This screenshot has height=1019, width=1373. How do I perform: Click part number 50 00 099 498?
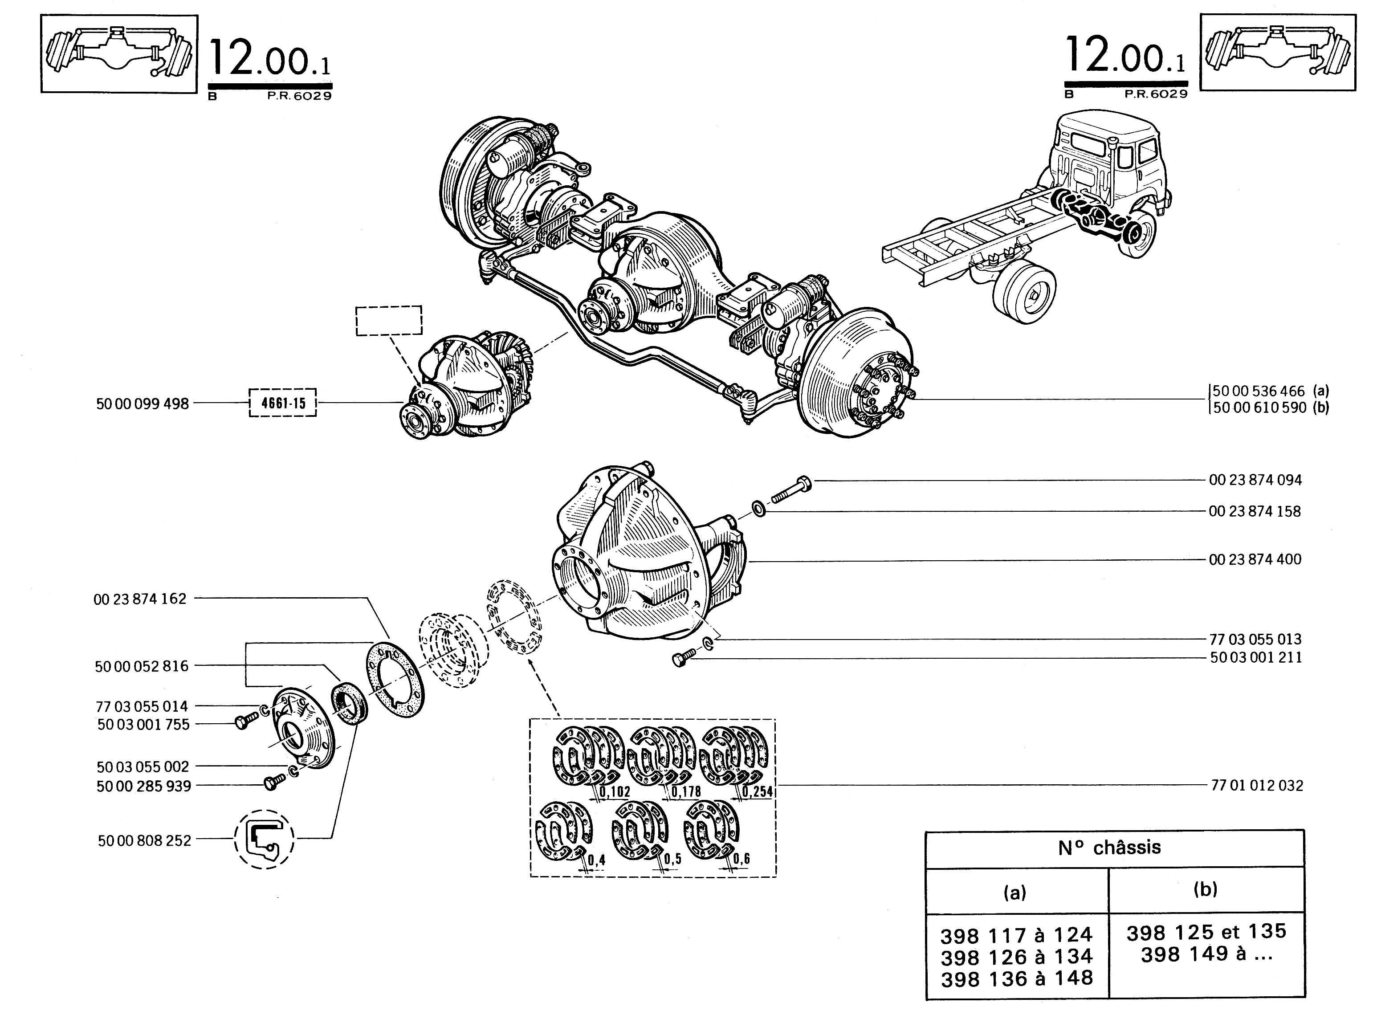pos(143,404)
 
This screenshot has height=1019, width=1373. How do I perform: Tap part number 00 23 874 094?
pos(1255,480)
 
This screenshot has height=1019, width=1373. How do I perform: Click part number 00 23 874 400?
pos(1255,559)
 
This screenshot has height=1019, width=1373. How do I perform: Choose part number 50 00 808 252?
pos(144,840)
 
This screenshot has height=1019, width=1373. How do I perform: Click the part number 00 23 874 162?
pos(140,599)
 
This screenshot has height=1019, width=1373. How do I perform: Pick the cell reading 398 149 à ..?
pos(1206,954)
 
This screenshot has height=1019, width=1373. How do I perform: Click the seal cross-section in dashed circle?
pos(264,839)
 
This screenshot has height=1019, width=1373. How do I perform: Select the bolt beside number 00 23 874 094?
pos(791,490)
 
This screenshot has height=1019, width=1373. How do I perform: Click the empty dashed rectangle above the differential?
pos(389,321)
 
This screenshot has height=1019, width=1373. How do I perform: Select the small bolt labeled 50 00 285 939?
pos(272,783)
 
